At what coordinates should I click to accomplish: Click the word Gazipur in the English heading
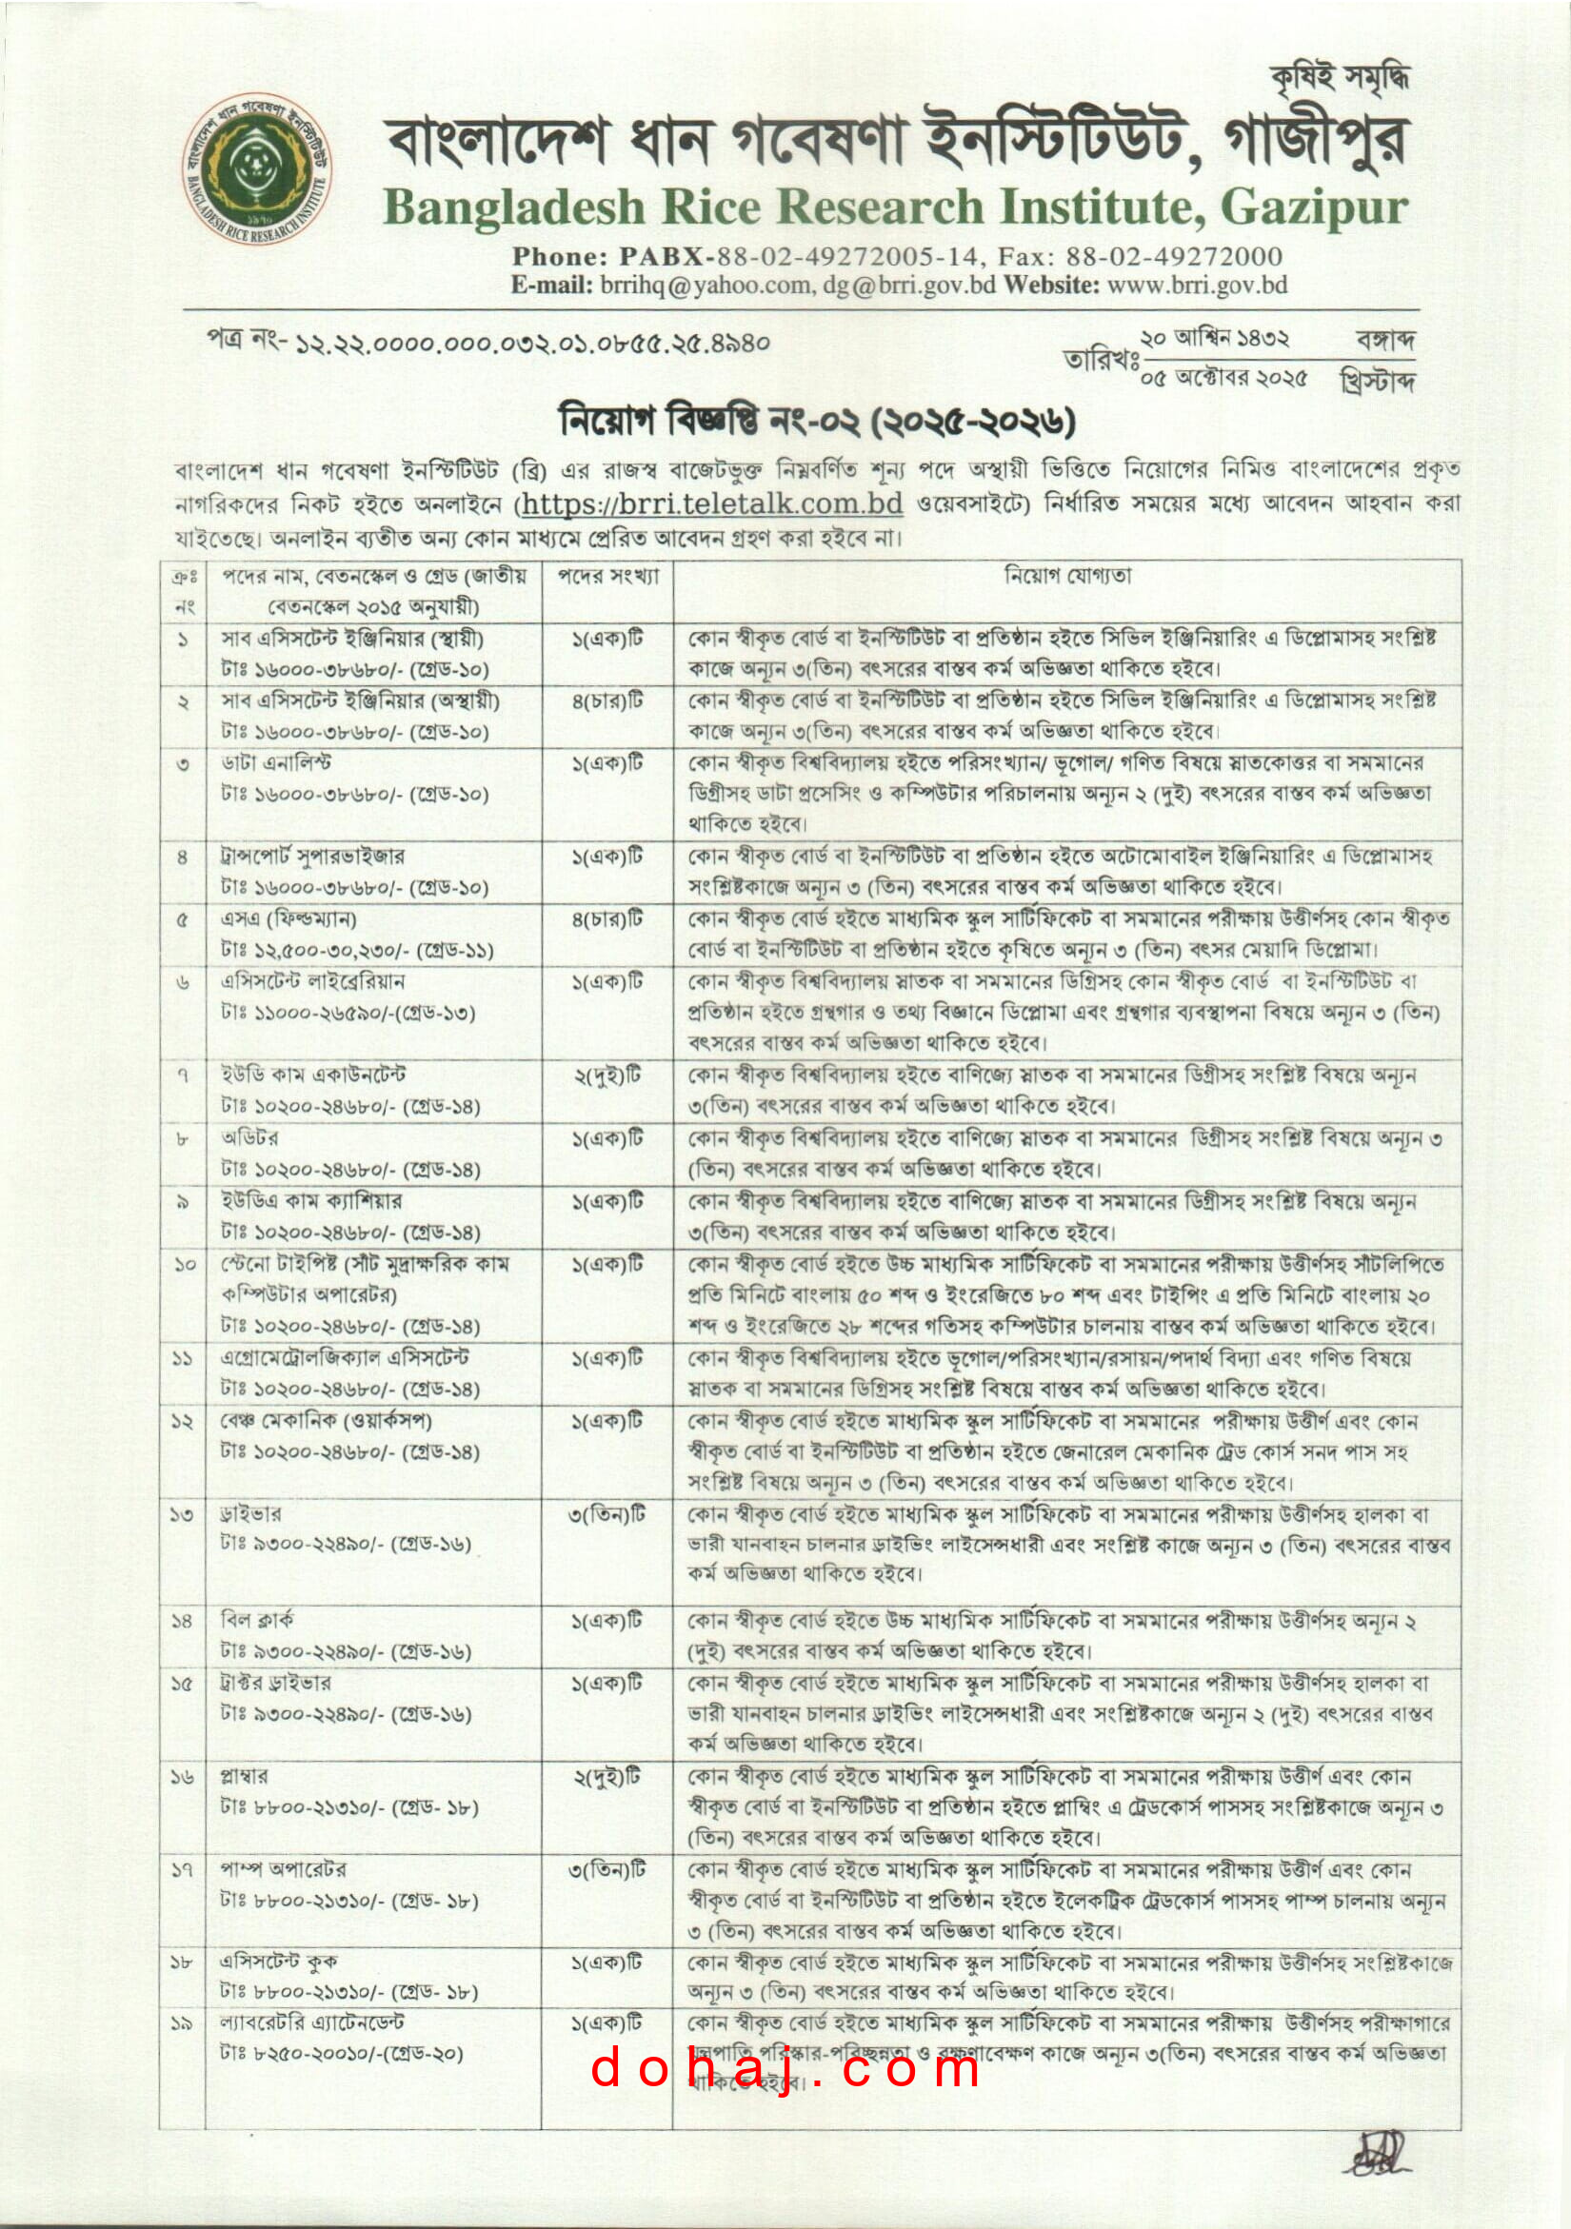point(1314,207)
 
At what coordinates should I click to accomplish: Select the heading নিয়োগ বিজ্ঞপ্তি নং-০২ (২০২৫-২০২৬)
point(816,423)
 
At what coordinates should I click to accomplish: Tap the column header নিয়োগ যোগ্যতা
point(1067,576)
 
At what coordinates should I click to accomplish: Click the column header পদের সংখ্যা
point(607,576)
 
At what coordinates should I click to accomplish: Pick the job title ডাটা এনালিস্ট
point(276,763)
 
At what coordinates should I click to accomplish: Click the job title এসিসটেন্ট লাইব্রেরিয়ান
point(312,981)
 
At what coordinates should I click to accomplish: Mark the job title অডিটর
point(249,1137)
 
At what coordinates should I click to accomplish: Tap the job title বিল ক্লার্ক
point(256,1620)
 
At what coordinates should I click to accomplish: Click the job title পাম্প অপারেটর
point(283,1869)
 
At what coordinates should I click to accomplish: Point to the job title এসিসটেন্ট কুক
point(279,1961)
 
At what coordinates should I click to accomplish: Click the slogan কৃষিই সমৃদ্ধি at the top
point(1339,78)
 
